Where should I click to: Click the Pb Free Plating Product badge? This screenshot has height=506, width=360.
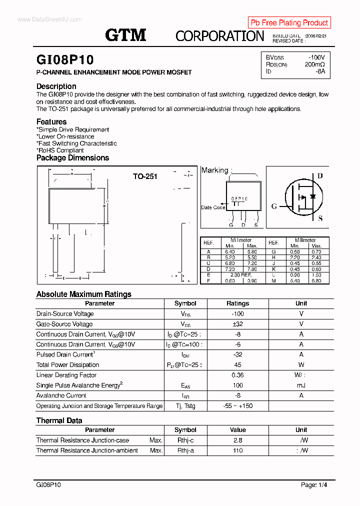tap(289, 22)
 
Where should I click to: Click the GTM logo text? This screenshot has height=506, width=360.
tap(125, 35)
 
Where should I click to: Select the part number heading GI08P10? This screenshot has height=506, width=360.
tap(65, 60)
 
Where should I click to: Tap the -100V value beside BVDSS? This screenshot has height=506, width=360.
tap(316, 57)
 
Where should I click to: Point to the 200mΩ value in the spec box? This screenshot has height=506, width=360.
tap(314, 64)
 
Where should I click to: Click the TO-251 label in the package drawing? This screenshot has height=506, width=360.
tap(145, 176)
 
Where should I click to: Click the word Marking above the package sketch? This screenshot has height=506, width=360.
tap(214, 170)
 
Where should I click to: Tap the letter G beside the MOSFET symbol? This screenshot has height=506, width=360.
tap(274, 206)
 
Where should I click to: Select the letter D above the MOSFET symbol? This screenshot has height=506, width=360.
tap(320, 176)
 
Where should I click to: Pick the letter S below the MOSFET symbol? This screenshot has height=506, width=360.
tap(320, 218)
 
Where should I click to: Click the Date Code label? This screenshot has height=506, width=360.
tap(213, 207)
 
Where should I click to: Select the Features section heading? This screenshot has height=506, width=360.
tap(51, 122)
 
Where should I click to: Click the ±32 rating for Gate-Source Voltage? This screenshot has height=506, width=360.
tap(237, 324)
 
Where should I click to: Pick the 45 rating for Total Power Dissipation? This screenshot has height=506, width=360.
tap(237, 365)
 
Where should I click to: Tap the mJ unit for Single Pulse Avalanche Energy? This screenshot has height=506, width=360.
tap(301, 385)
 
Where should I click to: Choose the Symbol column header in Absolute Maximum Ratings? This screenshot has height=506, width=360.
tap(185, 303)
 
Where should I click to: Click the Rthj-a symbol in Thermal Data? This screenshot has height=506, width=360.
tap(185, 450)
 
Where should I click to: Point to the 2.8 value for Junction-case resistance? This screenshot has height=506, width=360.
tap(237, 440)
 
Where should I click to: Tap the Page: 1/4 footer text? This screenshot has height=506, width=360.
tap(314, 485)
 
